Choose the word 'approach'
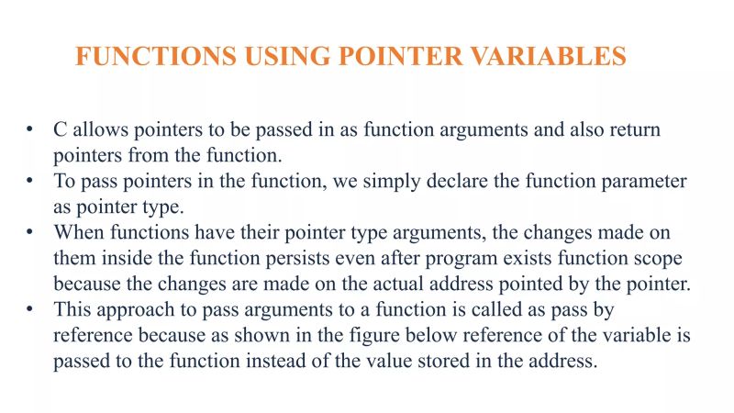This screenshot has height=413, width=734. coord(128,310)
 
